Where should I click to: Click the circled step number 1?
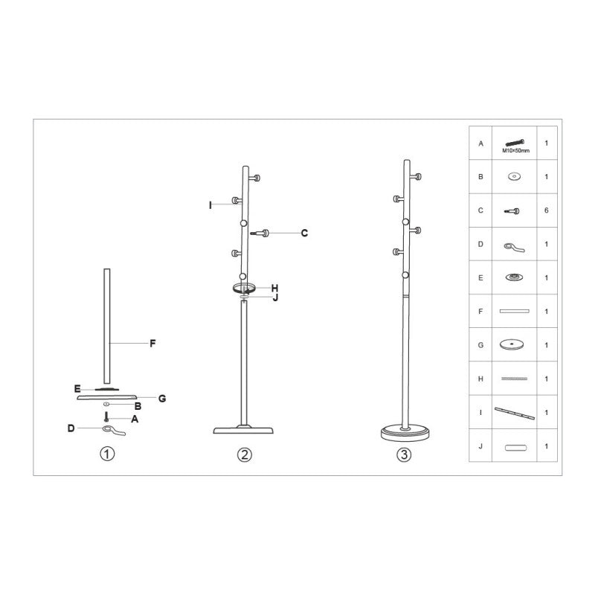[x=107, y=454]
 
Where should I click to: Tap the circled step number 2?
[x=245, y=454]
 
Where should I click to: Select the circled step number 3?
[x=404, y=454]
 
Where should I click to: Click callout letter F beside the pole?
[x=152, y=344]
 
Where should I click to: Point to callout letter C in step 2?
[x=304, y=233]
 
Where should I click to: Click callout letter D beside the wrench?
[x=71, y=428]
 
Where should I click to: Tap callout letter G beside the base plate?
[x=162, y=399]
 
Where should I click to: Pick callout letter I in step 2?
[x=210, y=205]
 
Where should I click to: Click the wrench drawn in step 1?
[x=114, y=431]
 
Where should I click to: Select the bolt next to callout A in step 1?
[x=106, y=416]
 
